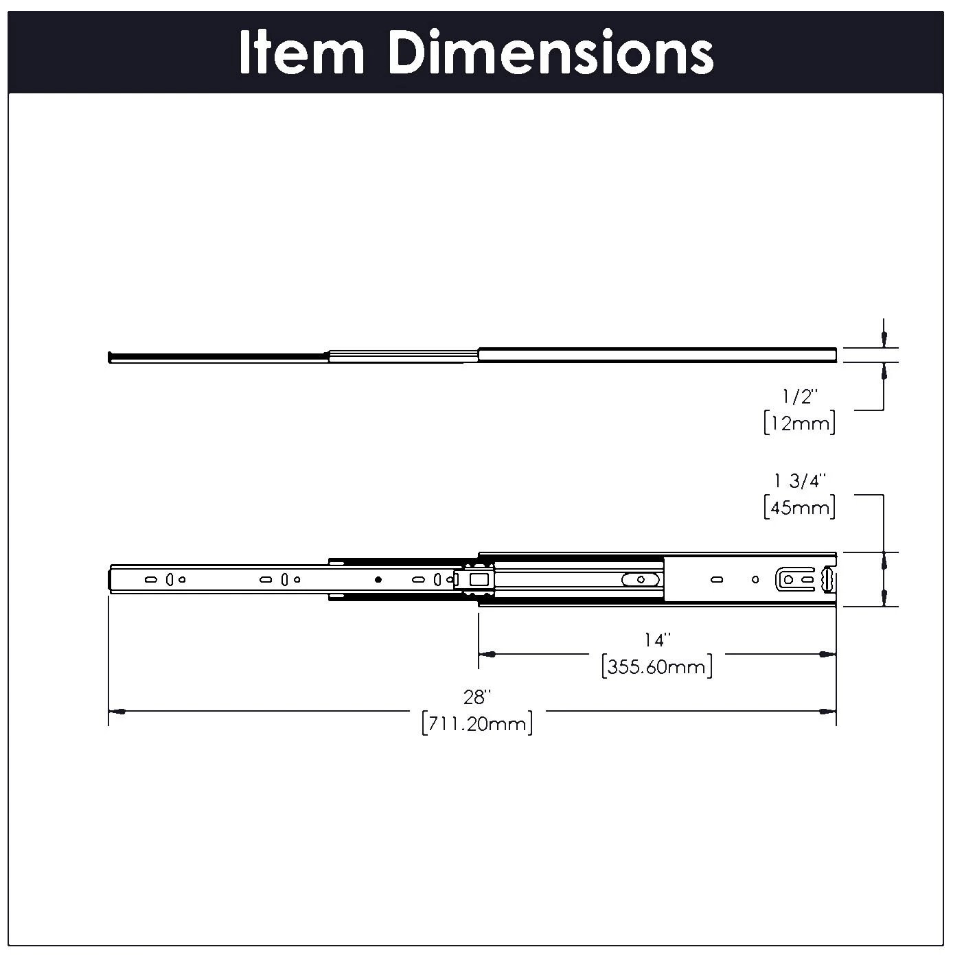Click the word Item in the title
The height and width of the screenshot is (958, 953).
tap(302, 53)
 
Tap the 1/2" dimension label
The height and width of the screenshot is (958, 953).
tap(799, 397)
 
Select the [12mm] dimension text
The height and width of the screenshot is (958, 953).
tap(799, 423)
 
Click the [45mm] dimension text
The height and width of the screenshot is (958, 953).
tap(799, 508)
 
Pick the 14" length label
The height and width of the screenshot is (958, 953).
tap(656, 640)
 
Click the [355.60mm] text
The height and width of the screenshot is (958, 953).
tap(656, 666)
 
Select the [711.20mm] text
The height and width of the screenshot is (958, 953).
tap(477, 724)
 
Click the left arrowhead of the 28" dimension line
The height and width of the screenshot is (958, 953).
tap(117, 712)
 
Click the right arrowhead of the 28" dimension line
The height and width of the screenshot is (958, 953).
tap(829, 712)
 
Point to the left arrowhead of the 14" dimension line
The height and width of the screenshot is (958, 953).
tap(486, 655)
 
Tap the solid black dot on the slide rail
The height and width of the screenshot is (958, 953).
tap(378, 580)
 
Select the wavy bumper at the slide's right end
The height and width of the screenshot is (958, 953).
tap(829, 579)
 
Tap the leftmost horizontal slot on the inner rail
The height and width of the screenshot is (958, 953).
tap(149, 580)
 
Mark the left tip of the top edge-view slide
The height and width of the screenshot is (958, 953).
tap(111, 357)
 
